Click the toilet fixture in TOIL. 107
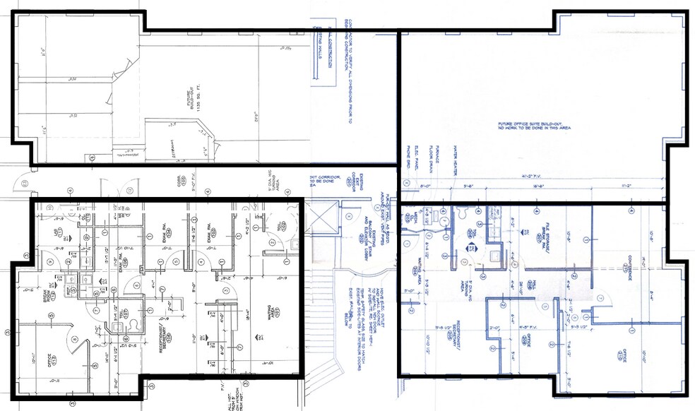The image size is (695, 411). [133, 326]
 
